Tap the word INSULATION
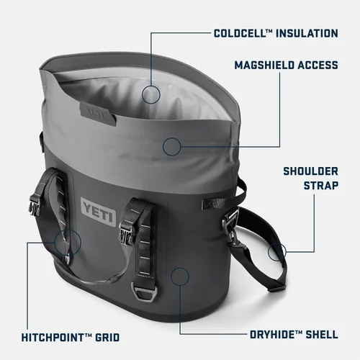(303, 33)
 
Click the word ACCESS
(318, 66)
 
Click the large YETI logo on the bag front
(96, 208)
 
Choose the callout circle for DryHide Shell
(181, 275)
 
